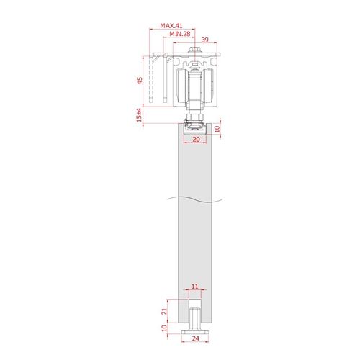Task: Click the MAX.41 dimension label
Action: (x=171, y=26)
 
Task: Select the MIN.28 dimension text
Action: (x=180, y=34)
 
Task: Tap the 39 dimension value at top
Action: (x=204, y=40)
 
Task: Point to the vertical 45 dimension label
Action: (x=140, y=81)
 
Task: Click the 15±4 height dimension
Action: (x=139, y=115)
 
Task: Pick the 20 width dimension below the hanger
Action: (x=196, y=139)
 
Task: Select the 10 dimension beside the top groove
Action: (x=217, y=129)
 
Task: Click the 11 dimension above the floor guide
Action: (x=195, y=287)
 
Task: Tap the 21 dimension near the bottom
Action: (x=164, y=312)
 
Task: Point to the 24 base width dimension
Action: (x=196, y=338)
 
